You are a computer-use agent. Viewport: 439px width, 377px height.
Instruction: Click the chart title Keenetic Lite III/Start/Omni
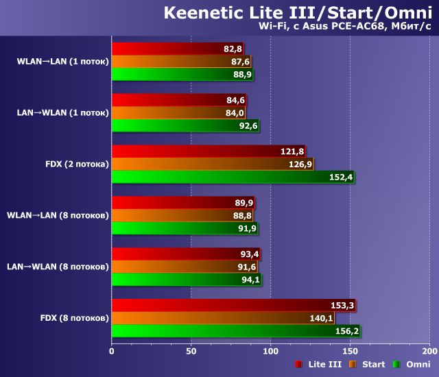[298, 12]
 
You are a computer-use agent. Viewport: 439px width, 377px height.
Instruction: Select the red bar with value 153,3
[233, 305]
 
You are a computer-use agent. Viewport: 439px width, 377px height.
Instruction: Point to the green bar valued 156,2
[235, 331]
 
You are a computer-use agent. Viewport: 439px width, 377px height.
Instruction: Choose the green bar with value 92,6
[185, 125]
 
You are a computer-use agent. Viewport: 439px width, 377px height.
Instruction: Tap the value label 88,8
[243, 216]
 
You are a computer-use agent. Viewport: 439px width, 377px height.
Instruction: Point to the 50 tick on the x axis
[191, 351]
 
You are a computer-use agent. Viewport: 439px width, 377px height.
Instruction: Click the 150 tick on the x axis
[350, 351]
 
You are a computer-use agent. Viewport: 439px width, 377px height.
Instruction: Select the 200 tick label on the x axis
[429, 351]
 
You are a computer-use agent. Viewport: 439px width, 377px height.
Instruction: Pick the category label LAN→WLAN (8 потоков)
[58, 267]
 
